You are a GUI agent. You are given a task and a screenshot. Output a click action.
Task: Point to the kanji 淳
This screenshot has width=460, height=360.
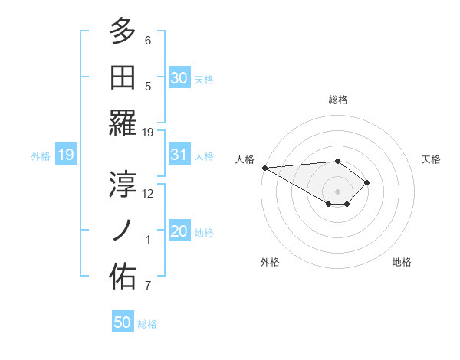123,183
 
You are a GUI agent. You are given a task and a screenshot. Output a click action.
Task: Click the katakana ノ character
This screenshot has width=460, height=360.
123,230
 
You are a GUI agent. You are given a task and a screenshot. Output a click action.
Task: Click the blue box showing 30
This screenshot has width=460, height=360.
179,78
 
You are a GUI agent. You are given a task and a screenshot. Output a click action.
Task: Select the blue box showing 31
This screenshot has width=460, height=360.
179,155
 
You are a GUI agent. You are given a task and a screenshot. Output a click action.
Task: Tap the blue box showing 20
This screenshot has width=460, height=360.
179,232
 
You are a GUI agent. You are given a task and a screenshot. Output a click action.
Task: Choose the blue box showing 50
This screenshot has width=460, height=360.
123,322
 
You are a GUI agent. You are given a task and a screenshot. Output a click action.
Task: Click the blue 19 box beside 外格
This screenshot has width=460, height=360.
65,155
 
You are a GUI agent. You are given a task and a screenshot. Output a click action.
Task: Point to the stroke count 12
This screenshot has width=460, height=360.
149,193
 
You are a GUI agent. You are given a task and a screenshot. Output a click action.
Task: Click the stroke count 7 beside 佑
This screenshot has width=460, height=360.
148,286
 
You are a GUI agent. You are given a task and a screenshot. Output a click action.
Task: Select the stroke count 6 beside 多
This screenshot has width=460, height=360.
148,40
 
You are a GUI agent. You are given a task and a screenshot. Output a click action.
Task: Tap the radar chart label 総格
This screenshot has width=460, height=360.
338,100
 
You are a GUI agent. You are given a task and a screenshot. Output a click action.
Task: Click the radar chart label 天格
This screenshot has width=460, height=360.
432,159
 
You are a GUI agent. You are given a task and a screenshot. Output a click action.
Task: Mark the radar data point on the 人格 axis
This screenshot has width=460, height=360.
264,167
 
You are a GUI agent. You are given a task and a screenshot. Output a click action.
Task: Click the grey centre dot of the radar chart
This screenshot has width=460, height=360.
338,190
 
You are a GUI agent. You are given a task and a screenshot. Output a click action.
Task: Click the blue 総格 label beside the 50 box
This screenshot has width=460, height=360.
147,324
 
